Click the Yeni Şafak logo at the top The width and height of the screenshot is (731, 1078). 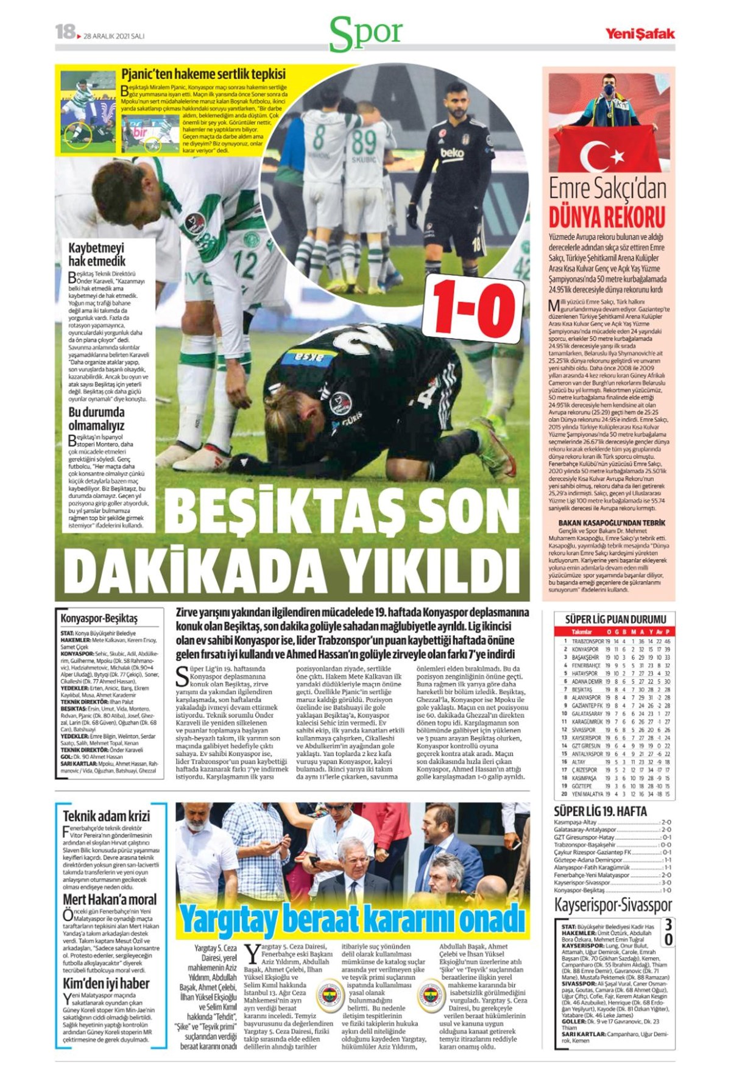pyautogui.click(x=639, y=34)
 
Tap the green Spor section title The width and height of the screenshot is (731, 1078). pyautogui.click(x=366, y=33)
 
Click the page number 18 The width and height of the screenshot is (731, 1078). pyautogui.click(x=65, y=32)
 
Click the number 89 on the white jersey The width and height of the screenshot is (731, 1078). pyautogui.click(x=364, y=141)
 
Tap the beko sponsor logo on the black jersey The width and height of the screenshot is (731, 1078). pyautogui.click(x=452, y=153)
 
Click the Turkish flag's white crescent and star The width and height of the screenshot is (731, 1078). pyautogui.click(x=610, y=155)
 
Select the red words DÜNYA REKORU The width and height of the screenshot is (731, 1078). pyautogui.click(x=607, y=217)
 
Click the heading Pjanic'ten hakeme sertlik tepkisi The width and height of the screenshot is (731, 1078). pyautogui.click(x=203, y=74)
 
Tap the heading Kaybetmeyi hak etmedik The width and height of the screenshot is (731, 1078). pyautogui.click(x=97, y=255)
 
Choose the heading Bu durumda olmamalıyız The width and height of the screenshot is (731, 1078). pyautogui.click(x=96, y=418)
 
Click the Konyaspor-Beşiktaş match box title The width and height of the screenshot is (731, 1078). pyautogui.click(x=99, y=618)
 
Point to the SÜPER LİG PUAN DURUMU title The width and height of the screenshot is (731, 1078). pyautogui.click(x=615, y=619)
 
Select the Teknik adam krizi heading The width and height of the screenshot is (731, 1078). pyautogui.click(x=106, y=816)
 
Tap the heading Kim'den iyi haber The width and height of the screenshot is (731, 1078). pyautogui.click(x=106, y=984)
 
